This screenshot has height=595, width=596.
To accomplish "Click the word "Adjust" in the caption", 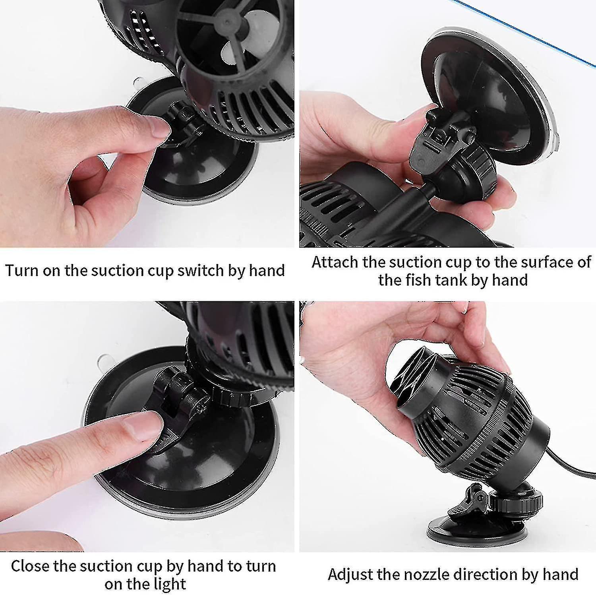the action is click(x=350, y=575).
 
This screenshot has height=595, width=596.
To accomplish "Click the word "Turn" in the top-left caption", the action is click(x=22, y=270).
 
